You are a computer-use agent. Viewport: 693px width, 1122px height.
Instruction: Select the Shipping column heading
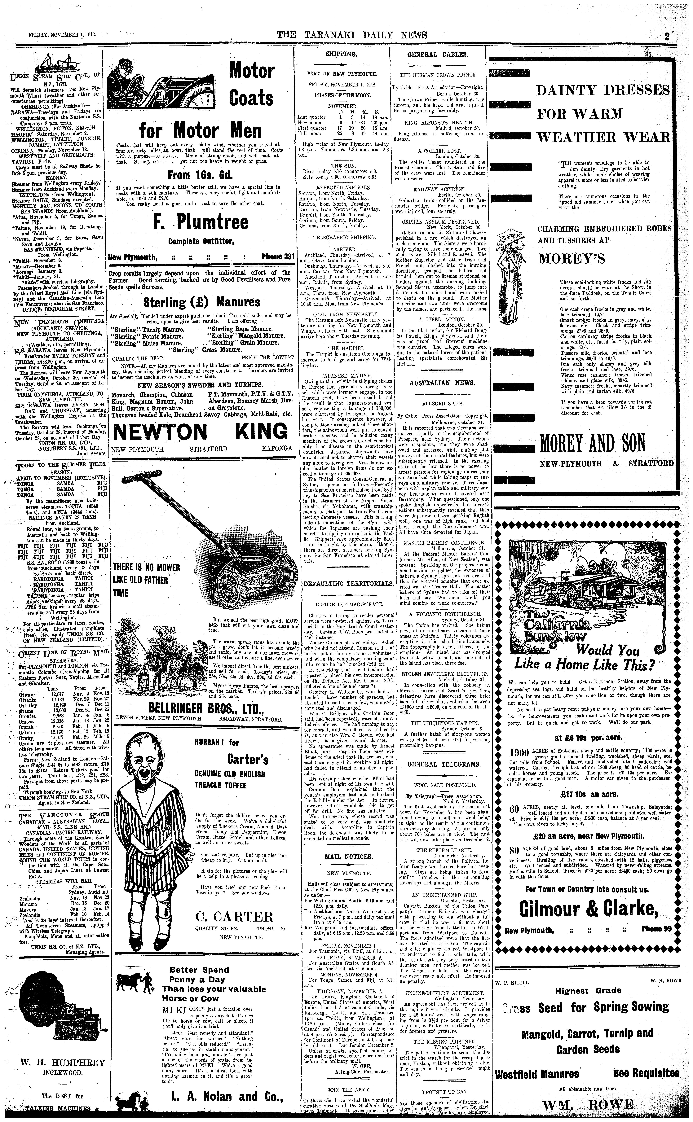(x=341, y=54)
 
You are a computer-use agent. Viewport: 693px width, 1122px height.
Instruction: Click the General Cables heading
(x=437, y=54)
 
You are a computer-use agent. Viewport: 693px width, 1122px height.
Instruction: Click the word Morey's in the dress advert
(x=572, y=258)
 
